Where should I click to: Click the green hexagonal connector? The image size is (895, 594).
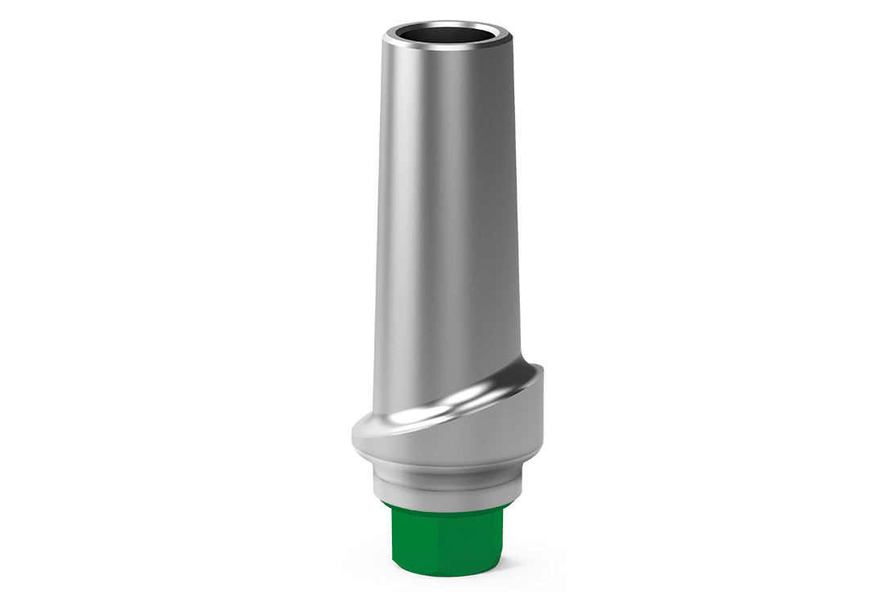click(x=443, y=535)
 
